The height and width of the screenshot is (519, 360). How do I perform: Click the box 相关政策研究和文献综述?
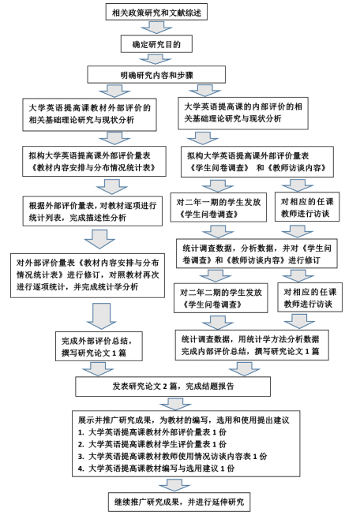[156, 12]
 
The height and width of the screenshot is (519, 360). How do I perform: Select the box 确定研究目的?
[156, 44]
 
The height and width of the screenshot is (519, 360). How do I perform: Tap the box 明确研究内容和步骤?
[156, 74]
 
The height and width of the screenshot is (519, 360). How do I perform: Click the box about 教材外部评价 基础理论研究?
[89, 114]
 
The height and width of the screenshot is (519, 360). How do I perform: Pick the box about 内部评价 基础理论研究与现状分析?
[243, 114]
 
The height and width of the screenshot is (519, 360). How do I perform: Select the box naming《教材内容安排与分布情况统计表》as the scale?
[94, 162]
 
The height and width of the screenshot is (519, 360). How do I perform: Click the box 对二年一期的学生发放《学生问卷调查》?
[218, 207]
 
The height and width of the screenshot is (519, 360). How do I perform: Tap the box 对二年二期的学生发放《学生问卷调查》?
[220, 298]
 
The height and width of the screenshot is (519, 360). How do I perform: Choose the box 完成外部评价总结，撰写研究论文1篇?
[99, 346]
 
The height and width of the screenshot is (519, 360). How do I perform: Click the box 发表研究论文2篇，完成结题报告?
[173, 386]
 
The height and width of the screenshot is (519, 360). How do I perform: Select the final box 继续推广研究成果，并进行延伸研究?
[179, 502]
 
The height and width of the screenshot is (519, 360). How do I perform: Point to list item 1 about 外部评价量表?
[152, 432]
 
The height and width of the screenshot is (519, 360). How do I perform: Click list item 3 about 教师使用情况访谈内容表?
[173, 456]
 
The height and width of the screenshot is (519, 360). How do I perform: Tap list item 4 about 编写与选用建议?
[156, 468]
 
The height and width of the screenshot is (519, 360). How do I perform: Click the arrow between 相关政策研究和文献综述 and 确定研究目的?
[156, 28]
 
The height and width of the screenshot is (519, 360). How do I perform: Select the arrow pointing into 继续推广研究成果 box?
[174, 484]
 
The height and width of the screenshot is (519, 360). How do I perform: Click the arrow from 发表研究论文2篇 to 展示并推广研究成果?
[175, 404]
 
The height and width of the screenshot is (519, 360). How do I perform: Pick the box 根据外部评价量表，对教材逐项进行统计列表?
[92, 211]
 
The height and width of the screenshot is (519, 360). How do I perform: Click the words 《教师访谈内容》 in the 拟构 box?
[297, 168]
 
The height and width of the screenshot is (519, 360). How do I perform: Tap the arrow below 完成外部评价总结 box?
[99, 368]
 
